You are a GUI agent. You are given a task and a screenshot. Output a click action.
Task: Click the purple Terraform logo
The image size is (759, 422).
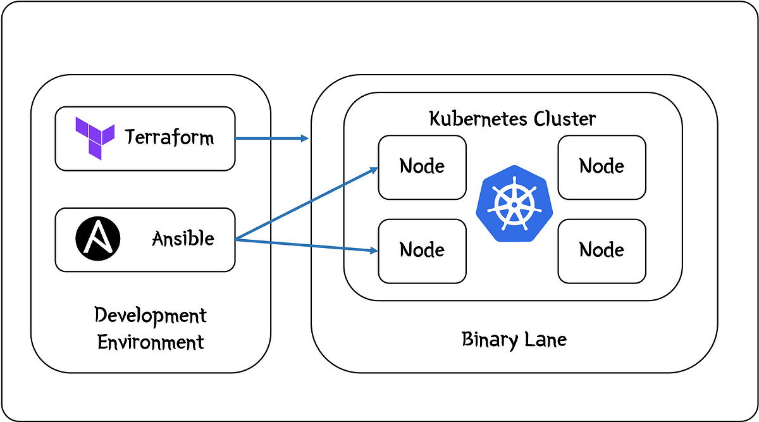95,138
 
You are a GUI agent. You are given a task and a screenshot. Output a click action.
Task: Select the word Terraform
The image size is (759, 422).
169,137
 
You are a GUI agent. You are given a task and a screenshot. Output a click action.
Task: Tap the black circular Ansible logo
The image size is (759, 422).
94,239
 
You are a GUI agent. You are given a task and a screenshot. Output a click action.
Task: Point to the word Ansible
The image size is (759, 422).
183,239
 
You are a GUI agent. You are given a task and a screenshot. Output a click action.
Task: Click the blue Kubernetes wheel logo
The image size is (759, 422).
514,202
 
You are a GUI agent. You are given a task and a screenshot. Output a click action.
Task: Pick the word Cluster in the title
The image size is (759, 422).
565,118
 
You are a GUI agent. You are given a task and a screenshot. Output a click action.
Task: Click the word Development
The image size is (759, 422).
151,315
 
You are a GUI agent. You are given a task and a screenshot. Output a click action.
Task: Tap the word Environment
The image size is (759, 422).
151,342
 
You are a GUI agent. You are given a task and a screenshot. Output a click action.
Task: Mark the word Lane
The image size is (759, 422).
547,340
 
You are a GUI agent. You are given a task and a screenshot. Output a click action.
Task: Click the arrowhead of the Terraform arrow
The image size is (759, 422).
305,139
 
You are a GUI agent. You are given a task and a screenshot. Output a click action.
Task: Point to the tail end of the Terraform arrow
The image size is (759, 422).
237,139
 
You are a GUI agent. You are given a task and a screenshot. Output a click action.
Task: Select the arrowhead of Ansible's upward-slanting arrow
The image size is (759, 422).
374,169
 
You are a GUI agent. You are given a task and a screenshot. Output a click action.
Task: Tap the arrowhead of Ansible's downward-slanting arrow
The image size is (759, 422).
374,251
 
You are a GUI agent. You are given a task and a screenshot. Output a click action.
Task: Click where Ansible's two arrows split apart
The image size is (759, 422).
237,239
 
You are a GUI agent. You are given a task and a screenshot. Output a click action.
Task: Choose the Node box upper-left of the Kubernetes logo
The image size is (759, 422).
422,167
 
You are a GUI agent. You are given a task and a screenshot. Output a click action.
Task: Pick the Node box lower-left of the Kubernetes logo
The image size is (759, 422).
422,251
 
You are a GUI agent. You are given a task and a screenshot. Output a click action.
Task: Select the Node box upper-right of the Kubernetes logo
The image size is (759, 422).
602,167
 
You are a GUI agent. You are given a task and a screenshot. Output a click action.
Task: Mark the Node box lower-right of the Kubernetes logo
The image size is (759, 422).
602,251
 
